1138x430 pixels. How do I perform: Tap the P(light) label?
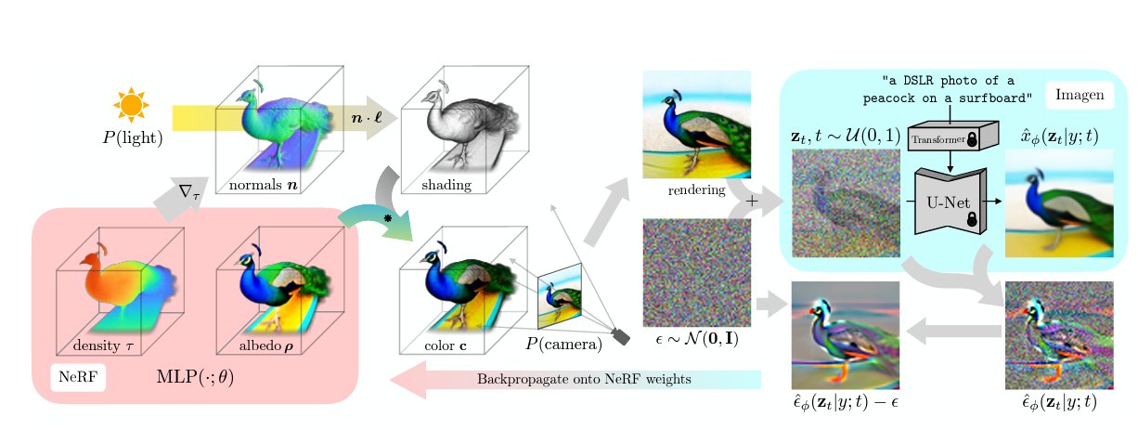133,139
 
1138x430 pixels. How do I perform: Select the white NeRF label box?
76,378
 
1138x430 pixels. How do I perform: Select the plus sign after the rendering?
752,202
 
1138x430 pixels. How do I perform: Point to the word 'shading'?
446,185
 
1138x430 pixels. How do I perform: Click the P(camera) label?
564,345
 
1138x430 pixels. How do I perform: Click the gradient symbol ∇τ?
189,192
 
